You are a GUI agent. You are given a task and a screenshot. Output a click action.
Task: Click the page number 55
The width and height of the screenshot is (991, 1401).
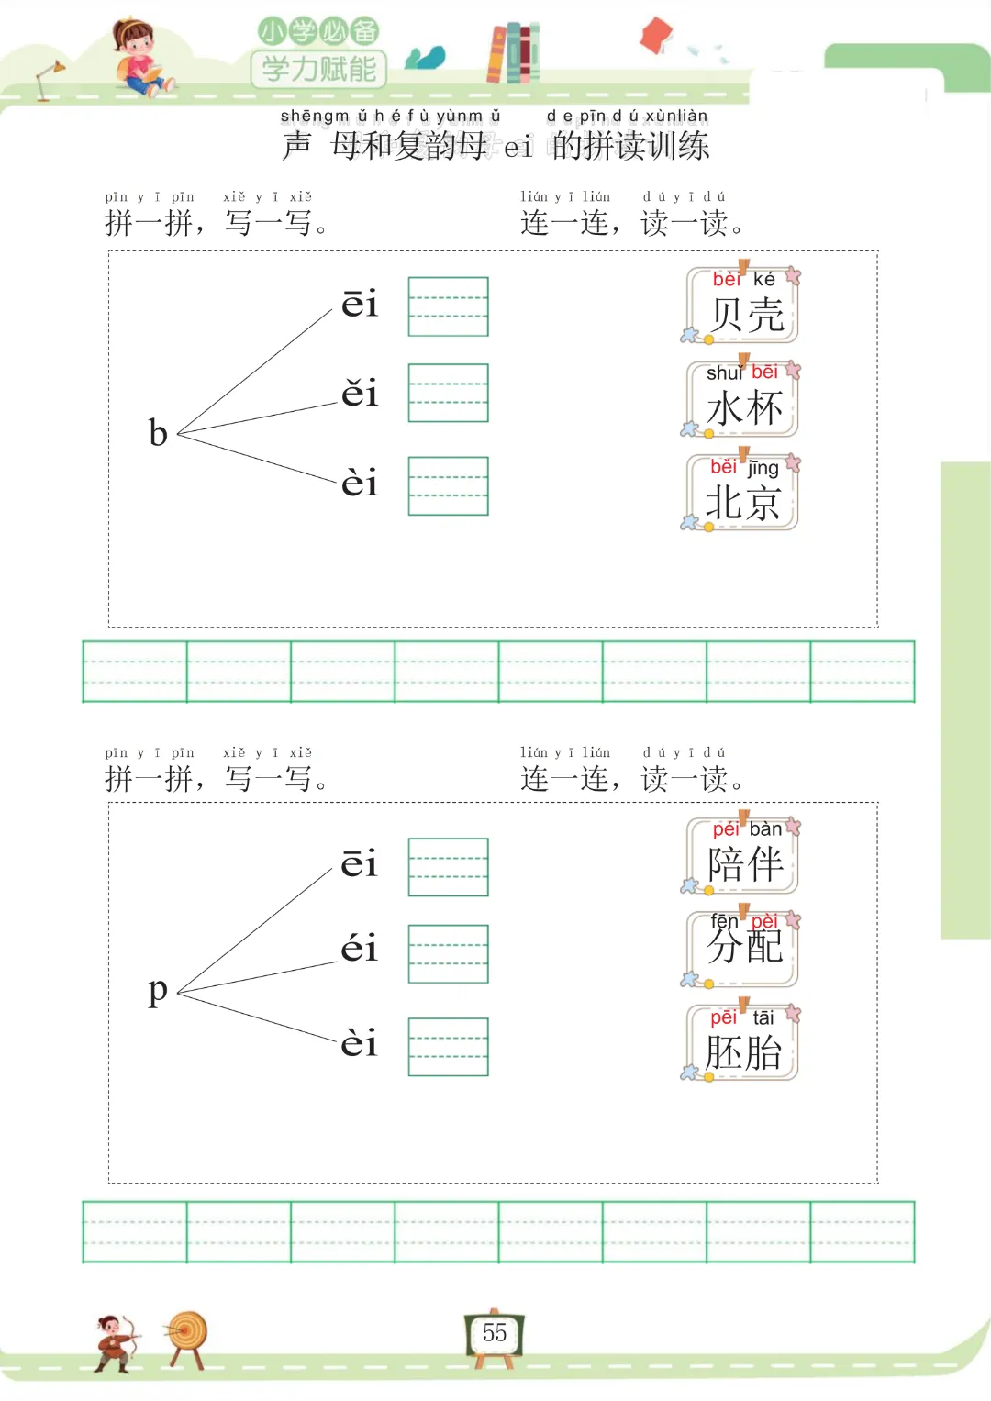495,1332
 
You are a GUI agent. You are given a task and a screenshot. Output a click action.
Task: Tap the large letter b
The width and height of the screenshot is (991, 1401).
158,432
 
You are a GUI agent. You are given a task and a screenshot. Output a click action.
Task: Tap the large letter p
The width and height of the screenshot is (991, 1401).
158,990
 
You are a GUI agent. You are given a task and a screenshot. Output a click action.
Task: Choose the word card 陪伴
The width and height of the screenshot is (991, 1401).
743,856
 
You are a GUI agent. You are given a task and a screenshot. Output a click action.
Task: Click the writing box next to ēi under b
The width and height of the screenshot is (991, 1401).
448,306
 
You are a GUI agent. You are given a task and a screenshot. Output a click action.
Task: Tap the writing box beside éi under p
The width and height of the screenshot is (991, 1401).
448,954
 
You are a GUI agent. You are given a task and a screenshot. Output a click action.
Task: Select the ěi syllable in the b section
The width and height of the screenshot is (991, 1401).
360,393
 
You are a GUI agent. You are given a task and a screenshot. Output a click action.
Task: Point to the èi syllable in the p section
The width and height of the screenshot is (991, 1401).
359,1042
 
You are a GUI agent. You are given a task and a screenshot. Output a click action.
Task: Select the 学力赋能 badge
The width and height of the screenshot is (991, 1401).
318,69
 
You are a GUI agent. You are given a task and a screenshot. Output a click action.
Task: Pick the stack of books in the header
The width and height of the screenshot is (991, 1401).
513,53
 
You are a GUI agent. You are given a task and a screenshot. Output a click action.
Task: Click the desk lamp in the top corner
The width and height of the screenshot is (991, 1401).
48,79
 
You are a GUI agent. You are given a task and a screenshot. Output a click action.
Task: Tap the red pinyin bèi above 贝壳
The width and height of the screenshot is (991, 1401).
726,279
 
